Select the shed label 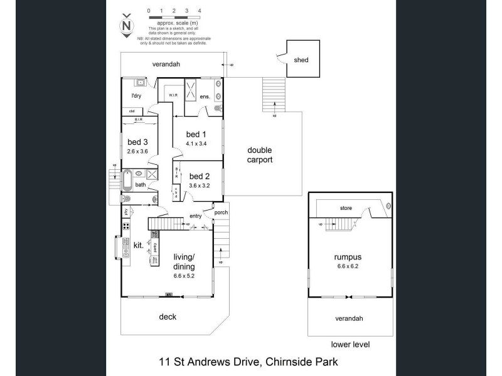pos(301,60)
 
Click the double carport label pos(259,155)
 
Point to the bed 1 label pos(196,134)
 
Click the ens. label pos(205,97)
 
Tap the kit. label pos(138,245)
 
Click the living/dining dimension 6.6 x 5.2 pos(184,274)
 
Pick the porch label pos(221,212)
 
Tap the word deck pos(167,317)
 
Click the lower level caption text pos(350,345)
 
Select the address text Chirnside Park pos(304,362)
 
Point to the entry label pos(195,216)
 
